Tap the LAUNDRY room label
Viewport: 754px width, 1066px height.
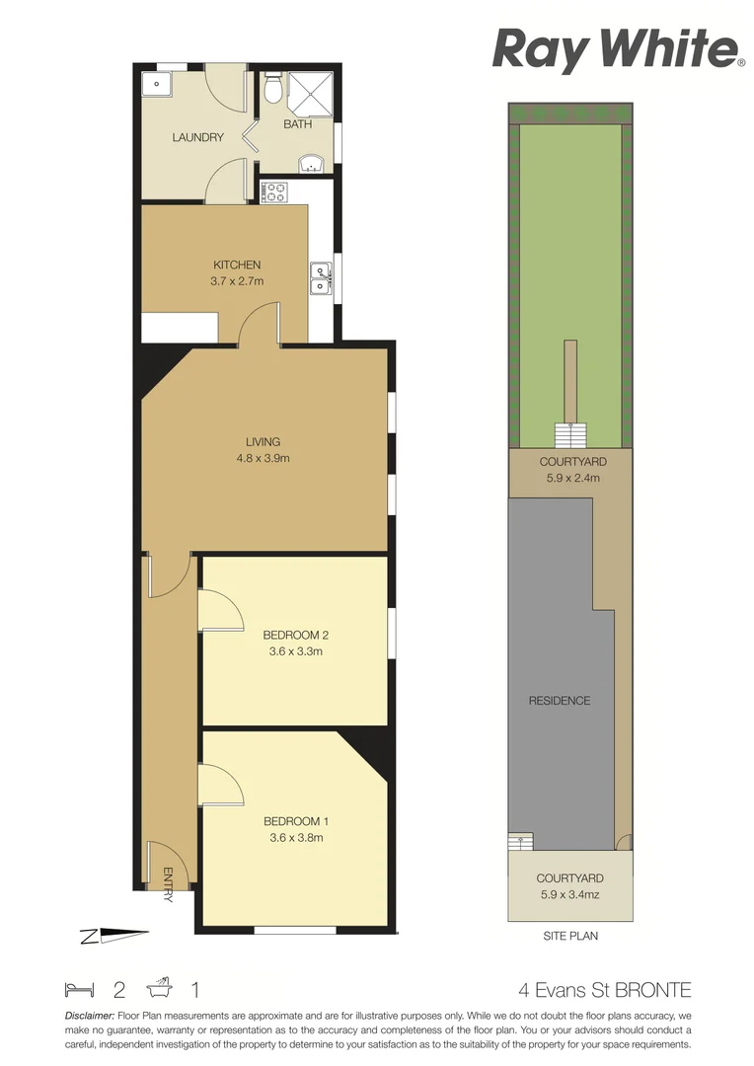[197, 137]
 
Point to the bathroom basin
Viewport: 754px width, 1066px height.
[314, 163]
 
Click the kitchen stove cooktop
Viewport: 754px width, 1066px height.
[272, 192]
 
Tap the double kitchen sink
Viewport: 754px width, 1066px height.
[321, 278]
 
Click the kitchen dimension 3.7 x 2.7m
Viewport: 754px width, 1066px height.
[237, 281]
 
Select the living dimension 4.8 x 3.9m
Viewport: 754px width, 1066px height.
[264, 458]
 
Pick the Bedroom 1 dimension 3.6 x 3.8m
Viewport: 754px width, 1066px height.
[295, 838]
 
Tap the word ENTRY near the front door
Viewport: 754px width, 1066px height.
[168, 883]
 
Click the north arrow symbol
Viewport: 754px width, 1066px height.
[113, 934]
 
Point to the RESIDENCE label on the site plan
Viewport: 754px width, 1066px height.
[560, 701]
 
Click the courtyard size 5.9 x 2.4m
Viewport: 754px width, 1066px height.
[572, 479]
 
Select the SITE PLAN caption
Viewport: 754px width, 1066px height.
[569, 936]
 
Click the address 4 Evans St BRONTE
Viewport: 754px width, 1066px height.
[605, 989]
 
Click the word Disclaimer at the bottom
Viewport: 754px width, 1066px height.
[89, 1016]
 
